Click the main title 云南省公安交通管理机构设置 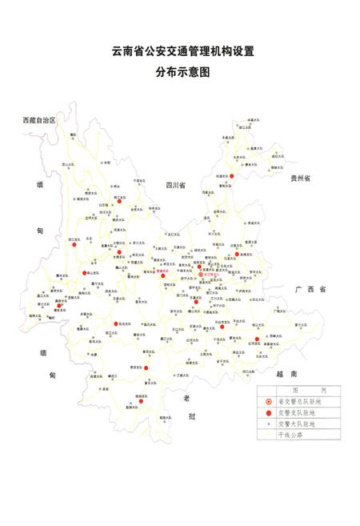183,51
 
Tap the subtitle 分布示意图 183,72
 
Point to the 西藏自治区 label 38,119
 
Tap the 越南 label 286,374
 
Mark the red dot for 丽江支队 118,202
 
